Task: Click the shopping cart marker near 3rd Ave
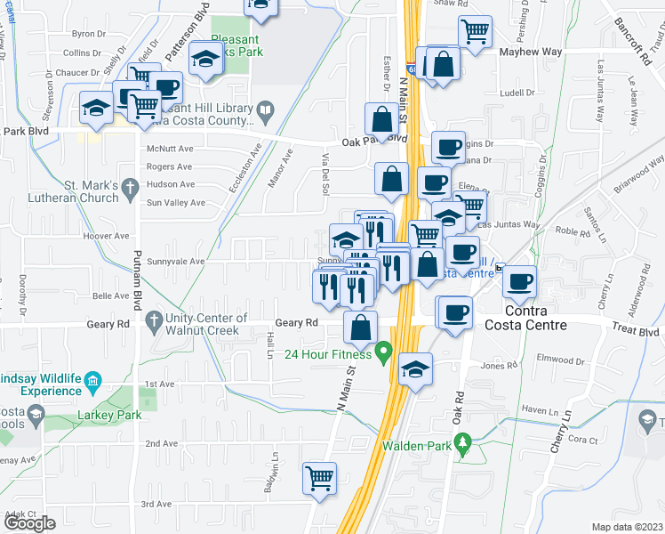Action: point(318,477)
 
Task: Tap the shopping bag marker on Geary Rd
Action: point(360,328)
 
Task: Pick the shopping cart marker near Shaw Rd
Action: point(475,31)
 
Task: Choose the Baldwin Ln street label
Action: point(276,470)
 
